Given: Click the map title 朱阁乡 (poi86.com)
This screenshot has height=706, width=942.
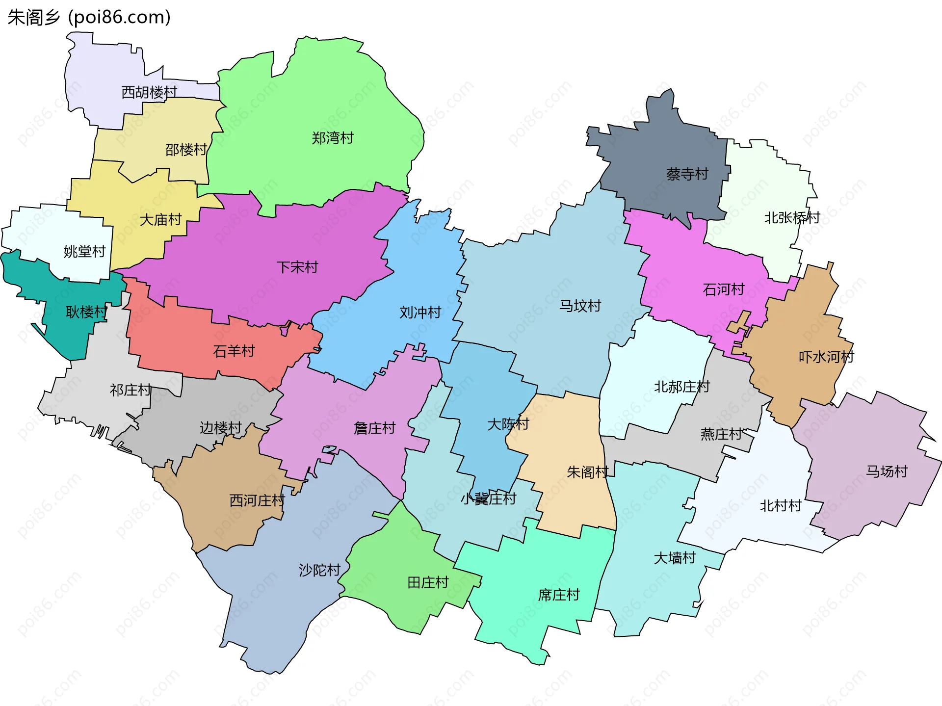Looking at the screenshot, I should pyautogui.click(x=89, y=17).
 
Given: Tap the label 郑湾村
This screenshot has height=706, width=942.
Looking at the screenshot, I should pyautogui.click(x=333, y=138).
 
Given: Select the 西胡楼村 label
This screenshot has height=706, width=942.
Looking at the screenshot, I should pyautogui.click(x=149, y=92).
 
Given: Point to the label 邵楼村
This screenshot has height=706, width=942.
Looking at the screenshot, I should pyautogui.click(x=186, y=150).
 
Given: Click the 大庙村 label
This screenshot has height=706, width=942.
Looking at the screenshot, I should pyautogui.click(x=161, y=220).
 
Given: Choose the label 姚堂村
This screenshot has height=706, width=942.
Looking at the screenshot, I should pyautogui.click(x=85, y=252).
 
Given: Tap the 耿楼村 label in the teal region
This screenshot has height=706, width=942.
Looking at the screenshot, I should pyautogui.click(x=86, y=312).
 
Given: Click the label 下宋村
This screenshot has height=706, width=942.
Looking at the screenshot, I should pyautogui.click(x=297, y=267).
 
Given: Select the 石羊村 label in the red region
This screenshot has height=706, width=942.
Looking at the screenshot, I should pyautogui.click(x=234, y=351).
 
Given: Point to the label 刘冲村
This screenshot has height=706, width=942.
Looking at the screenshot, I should pyautogui.click(x=420, y=313).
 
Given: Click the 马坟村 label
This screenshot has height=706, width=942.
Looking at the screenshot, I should pyautogui.click(x=580, y=306).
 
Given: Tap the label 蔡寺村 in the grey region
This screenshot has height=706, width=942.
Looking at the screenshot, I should pyautogui.click(x=687, y=174).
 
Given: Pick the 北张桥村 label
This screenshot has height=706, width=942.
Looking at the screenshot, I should pyautogui.click(x=792, y=218).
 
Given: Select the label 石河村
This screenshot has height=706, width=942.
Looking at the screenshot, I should pyautogui.click(x=724, y=289).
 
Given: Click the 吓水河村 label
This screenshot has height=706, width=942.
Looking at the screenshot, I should pyautogui.click(x=826, y=357).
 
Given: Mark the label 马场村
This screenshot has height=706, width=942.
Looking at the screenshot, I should pyautogui.click(x=887, y=471).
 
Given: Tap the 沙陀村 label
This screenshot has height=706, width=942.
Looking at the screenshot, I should pyautogui.click(x=320, y=570).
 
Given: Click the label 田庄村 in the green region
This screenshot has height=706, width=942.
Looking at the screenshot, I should pyautogui.click(x=428, y=583).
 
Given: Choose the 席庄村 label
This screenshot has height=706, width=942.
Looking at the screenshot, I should pyautogui.click(x=559, y=595).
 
